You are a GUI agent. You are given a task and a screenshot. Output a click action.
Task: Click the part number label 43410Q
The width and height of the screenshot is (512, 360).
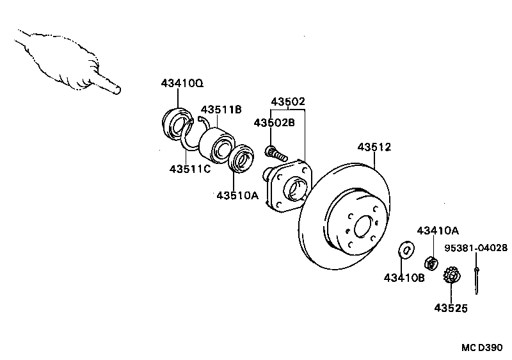(182, 84)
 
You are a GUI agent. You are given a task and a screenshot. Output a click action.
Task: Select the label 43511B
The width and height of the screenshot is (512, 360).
(221, 110)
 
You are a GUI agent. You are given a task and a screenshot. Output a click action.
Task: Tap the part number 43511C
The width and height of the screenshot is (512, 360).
(190, 169)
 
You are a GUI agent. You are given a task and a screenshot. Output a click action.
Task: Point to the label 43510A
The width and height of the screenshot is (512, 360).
(237, 195)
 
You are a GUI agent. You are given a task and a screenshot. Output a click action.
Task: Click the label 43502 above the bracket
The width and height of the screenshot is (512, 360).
(287, 102)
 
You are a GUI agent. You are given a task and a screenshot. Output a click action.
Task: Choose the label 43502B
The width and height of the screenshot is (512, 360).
(274, 123)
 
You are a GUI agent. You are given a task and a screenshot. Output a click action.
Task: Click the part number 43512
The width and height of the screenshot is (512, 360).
(374, 147)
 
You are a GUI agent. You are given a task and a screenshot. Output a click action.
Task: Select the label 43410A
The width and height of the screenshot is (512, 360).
(438, 230)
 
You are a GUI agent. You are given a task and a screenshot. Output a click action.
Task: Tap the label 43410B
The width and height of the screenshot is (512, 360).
(404, 277)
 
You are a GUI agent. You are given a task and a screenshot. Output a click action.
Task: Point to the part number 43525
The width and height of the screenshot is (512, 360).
(451, 308)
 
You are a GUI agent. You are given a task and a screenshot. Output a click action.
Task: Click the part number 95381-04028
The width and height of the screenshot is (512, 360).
(476, 247)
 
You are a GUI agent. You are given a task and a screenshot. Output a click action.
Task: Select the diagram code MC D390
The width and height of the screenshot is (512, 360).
(483, 348)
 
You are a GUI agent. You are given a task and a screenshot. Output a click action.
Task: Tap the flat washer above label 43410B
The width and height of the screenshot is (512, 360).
(405, 249)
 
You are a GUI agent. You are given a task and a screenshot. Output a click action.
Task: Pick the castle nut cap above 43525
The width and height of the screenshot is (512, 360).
(451, 277)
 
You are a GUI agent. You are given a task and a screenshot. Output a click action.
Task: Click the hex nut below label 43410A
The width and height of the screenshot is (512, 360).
(432, 262)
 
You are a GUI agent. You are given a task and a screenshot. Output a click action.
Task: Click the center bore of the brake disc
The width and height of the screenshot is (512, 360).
(364, 226)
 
